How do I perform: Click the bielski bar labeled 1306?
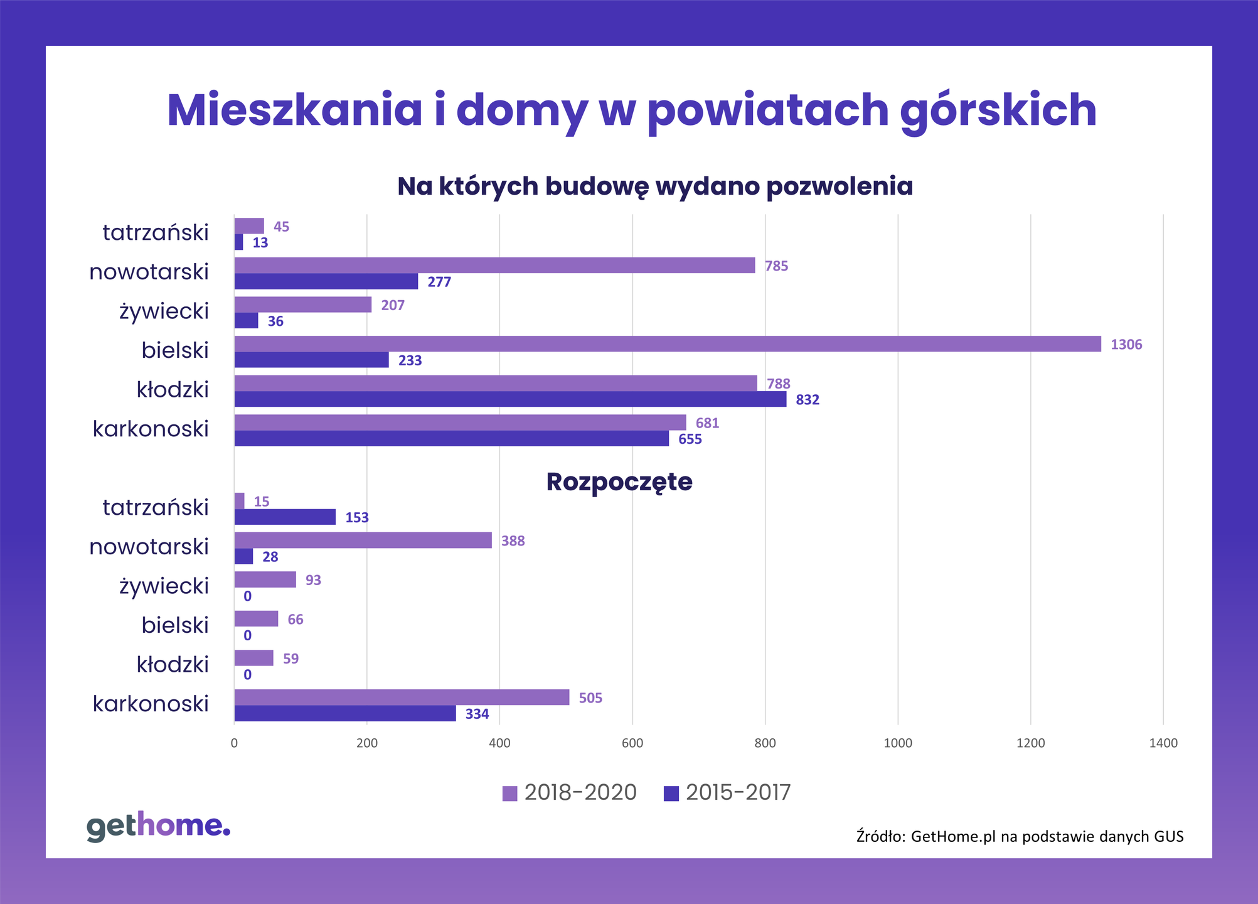[667, 344]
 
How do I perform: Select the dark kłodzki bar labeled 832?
[509, 399]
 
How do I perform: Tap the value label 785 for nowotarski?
[776, 266]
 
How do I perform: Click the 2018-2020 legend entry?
[570, 793]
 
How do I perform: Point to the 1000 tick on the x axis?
[897, 743]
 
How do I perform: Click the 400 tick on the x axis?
[499, 743]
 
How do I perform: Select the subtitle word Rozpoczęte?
[619, 482]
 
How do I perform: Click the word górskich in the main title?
[998, 111]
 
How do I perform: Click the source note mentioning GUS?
[1020, 836]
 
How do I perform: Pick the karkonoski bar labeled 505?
[402, 697]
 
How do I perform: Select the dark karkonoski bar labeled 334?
[345, 713]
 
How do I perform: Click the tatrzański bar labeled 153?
[285, 517]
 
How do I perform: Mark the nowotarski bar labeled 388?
[363, 541]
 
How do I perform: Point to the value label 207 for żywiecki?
[393, 306]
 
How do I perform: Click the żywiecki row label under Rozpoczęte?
[164, 586]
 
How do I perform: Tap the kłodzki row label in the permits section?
[173, 390]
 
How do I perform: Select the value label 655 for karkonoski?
[690, 439]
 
